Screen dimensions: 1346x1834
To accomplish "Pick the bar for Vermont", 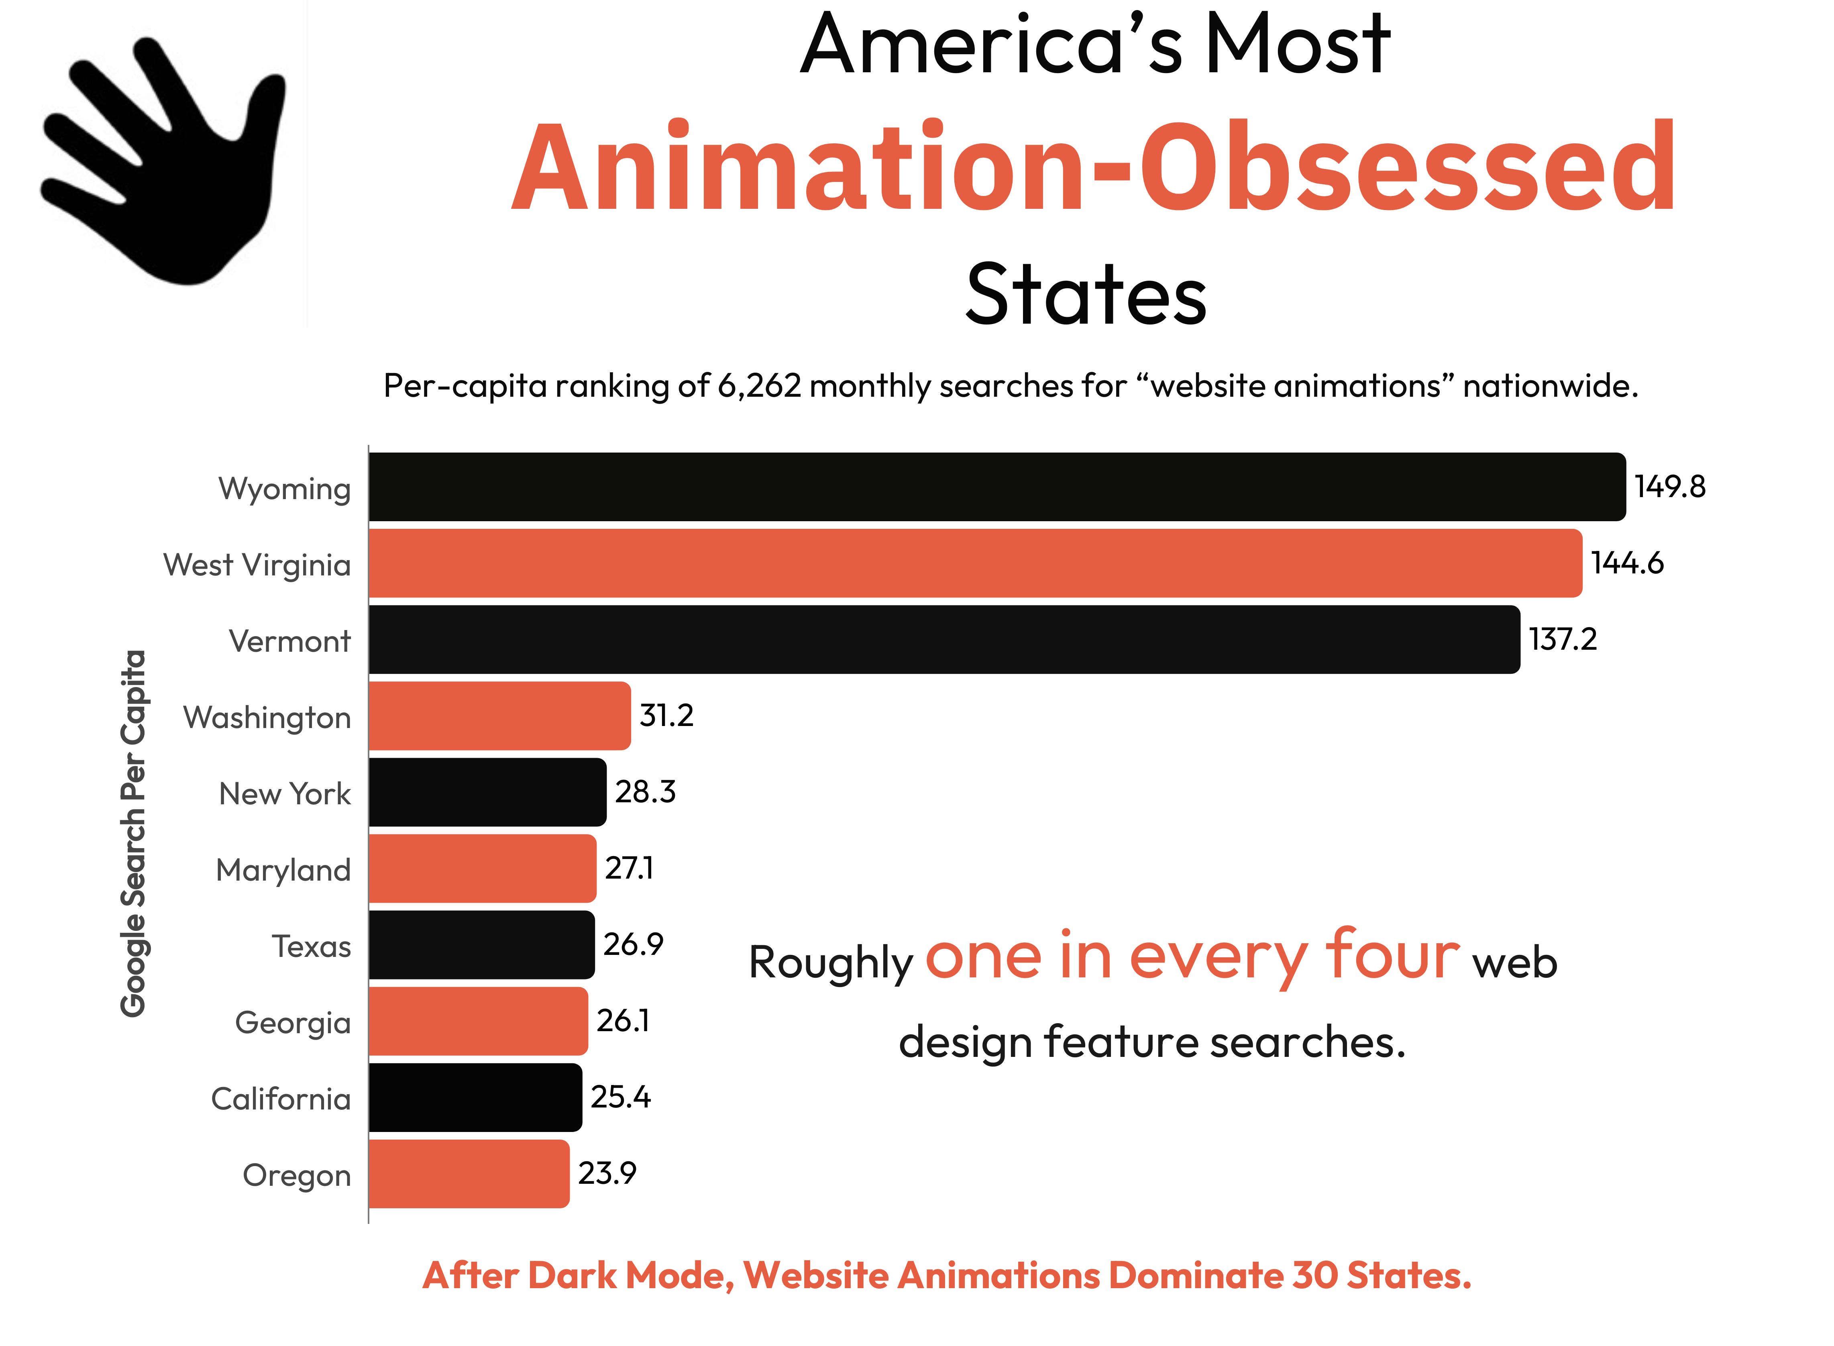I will tap(943, 640).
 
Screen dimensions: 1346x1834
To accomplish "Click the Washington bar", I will tap(499, 716).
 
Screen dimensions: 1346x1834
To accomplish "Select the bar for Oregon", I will tap(469, 1173).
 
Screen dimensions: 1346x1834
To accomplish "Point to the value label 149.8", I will tap(1669, 486).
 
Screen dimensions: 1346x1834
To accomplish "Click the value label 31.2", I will tap(666, 716).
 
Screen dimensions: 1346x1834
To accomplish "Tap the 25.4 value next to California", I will tap(620, 1097).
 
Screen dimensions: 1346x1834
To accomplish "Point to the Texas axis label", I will tap(311, 946).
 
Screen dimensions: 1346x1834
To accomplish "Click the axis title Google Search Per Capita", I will tap(133, 833).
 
